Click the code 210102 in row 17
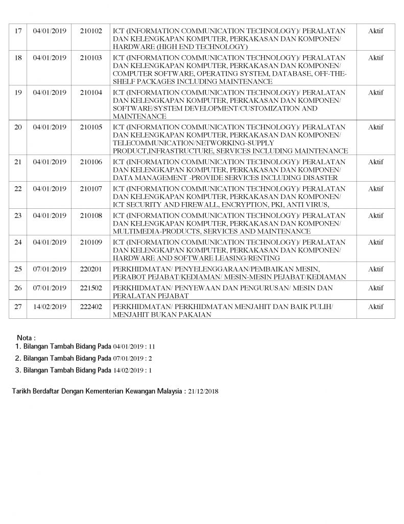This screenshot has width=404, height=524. click(x=91, y=31)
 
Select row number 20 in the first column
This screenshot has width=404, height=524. click(x=17, y=127)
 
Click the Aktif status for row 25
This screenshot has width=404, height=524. click(x=375, y=269)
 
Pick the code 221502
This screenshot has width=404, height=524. click(x=91, y=289)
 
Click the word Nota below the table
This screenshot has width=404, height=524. click(x=26, y=338)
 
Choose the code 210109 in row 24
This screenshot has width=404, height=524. click(x=91, y=243)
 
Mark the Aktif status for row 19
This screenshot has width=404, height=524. click(x=375, y=93)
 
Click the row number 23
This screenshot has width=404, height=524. click(x=17, y=215)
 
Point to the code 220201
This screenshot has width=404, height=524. click(x=91, y=269)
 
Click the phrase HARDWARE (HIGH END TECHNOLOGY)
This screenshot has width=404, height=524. click(x=180, y=47)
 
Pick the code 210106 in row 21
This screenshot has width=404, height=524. click(x=91, y=162)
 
